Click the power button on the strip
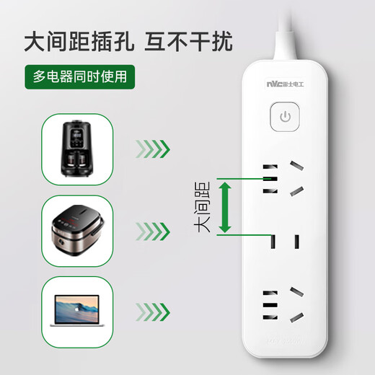pos(286,118)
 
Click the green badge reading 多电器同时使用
pos(79,75)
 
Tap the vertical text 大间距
pos(203,206)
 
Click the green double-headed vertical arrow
pos(226,206)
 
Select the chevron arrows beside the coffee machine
pos(153,149)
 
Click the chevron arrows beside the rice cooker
pos(153,231)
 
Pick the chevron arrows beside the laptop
pos(153,312)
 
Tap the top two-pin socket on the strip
pos(270,179)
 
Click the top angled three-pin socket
pos(296,177)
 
